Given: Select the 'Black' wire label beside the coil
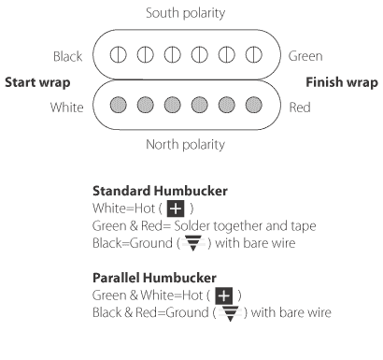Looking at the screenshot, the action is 67,56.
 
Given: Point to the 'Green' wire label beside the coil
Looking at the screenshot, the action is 305,56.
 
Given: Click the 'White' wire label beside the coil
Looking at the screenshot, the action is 67,107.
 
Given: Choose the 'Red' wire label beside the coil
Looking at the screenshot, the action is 299,107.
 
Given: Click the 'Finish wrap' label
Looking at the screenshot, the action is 342,82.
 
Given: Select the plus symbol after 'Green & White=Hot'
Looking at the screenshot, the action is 223,296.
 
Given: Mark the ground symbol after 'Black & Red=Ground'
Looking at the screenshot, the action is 228,313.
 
